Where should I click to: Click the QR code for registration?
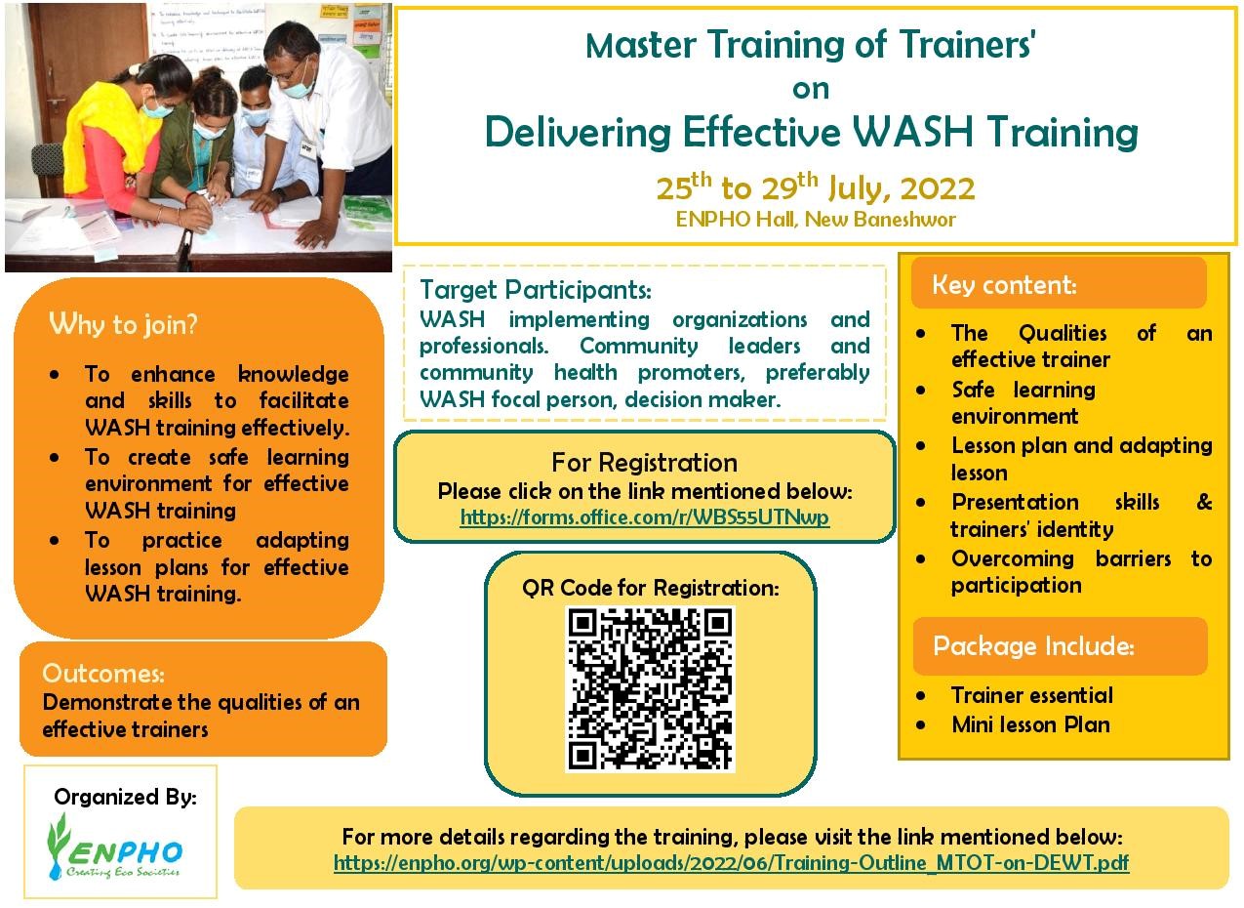650,689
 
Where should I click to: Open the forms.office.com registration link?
645,517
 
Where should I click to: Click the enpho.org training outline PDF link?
732,863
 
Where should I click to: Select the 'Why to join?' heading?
123,324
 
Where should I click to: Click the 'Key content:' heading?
1004,285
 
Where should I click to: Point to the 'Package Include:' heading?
1033,645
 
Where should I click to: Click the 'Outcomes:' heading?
103,674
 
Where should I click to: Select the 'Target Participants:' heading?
536,290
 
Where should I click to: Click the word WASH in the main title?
913,132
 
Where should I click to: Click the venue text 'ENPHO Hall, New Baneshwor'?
816,220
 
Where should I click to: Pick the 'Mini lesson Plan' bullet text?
1030,725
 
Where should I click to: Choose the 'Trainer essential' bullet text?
1032,696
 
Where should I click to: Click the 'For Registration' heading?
645,463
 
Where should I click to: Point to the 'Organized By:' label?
126,798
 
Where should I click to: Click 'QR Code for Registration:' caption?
651,588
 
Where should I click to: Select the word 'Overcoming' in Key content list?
1013,559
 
